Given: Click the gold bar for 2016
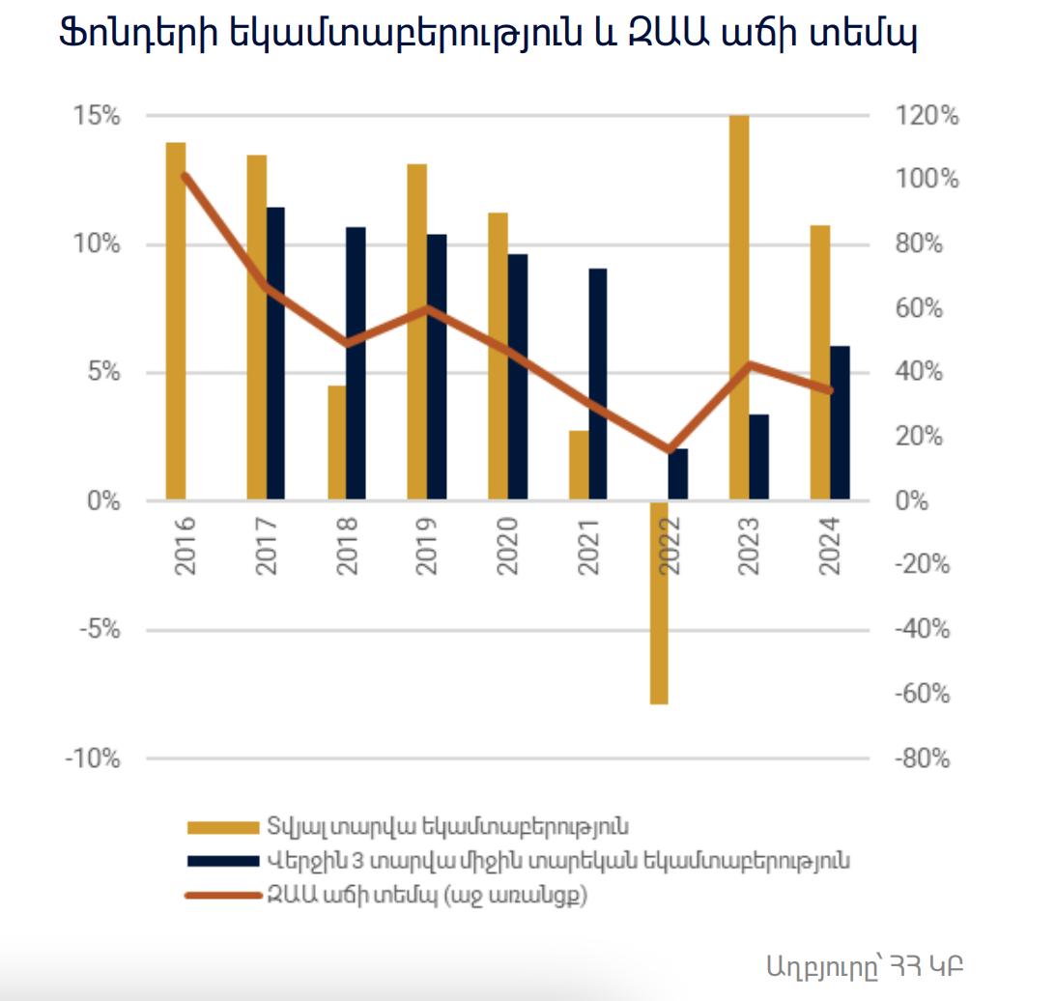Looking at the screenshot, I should pos(176,321).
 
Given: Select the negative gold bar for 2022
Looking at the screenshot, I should pos(659,603).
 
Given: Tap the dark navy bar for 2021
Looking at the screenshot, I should pos(598,384).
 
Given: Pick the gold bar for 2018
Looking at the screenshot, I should pos(336,443).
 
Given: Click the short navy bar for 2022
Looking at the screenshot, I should pos(678,474).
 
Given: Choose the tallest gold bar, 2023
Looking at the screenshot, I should pos(739,307).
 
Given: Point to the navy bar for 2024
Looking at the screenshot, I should pos(840,422).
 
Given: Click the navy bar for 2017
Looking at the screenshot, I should pos(276,353).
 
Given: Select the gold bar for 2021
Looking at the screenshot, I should pos(578,465).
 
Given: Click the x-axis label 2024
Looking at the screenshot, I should pos(830,547).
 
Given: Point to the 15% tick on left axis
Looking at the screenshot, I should pos(98,116).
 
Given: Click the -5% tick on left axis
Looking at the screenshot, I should pos(98,630).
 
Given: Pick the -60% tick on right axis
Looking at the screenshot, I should pos(923,694).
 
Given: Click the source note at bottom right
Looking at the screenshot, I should pos(864,964).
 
